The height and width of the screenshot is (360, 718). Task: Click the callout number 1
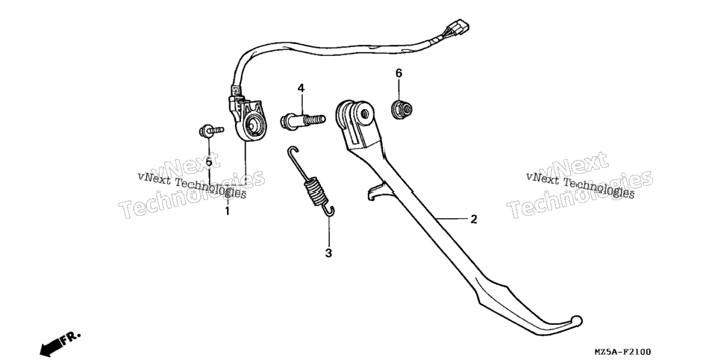point(227,211)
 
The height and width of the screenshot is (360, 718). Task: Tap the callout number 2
point(473,220)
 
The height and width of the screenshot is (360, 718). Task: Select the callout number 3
point(328,253)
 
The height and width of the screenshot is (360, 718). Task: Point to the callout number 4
point(301,88)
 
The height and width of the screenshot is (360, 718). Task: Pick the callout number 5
point(209,161)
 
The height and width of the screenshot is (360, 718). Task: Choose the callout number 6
point(399,73)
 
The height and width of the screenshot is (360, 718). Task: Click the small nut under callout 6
point(402,110)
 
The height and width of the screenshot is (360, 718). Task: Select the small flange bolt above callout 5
point(211,131)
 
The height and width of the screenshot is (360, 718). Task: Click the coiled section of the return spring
point(313,191)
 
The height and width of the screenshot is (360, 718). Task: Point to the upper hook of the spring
point(292,152)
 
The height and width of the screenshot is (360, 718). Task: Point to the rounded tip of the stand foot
point(576,320)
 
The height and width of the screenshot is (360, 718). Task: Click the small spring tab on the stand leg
point(375,191)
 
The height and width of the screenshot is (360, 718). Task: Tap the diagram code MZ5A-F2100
point(622,352)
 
